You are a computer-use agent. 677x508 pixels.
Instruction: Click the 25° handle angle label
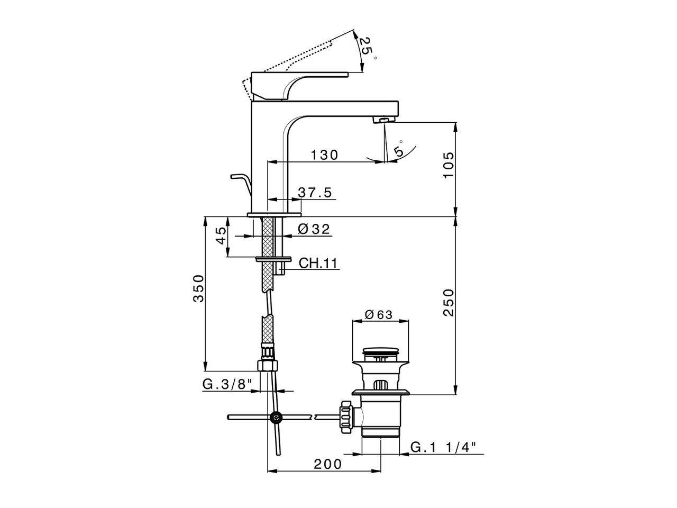pyautogui.click(x=366, y=48)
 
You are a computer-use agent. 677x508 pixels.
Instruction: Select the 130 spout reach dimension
pyautogui.click(x=324, y=155)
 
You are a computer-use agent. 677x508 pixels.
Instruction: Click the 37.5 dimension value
pyautogui.click(x=315, y=193)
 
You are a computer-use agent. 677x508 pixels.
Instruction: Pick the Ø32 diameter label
pyautogui.click(x=314, y=229)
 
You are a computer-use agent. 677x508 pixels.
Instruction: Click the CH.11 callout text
pyautogui.click(x=318, y=263)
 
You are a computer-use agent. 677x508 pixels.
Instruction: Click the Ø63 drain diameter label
pyautogui.click(x=379, y=314)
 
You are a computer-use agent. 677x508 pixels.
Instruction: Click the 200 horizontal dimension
pyautogui.click(x=328, y=464)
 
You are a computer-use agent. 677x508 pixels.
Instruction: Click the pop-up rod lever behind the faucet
pyautogui.click(x=240, y=183)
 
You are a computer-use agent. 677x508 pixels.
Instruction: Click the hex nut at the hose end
pyautogui.click(x=267, y=366)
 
